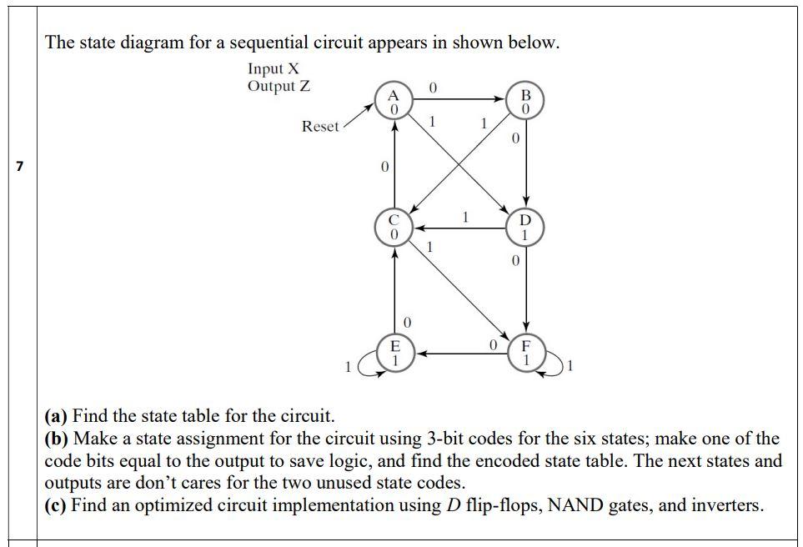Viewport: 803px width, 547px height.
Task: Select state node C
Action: pyautogui.click(x=395, y=228)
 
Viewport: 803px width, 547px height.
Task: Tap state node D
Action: pyautogui.click(x=525, y=228)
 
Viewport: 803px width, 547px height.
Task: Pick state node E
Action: pyautogui.click(x=395, y=353)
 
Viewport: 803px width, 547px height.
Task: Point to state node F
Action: pyautogui.click(x=526, y=354)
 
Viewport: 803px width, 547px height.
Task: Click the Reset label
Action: pyautogui.click(x=320, y=127)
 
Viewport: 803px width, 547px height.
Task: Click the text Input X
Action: pyautogui.click(x=273, y=68)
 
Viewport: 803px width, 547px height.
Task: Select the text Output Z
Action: pyautogui.click(x=279, y=86)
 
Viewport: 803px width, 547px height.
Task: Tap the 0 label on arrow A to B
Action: pyautogui.click(x=432, y=87)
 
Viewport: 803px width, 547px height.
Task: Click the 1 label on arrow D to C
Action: pyautogui.click(x=465, y=217)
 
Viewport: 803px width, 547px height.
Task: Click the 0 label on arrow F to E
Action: pyautogui.click(x=494, y=343)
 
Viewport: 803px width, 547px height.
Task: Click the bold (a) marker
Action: pyautogui.click(x=58, y=415)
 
